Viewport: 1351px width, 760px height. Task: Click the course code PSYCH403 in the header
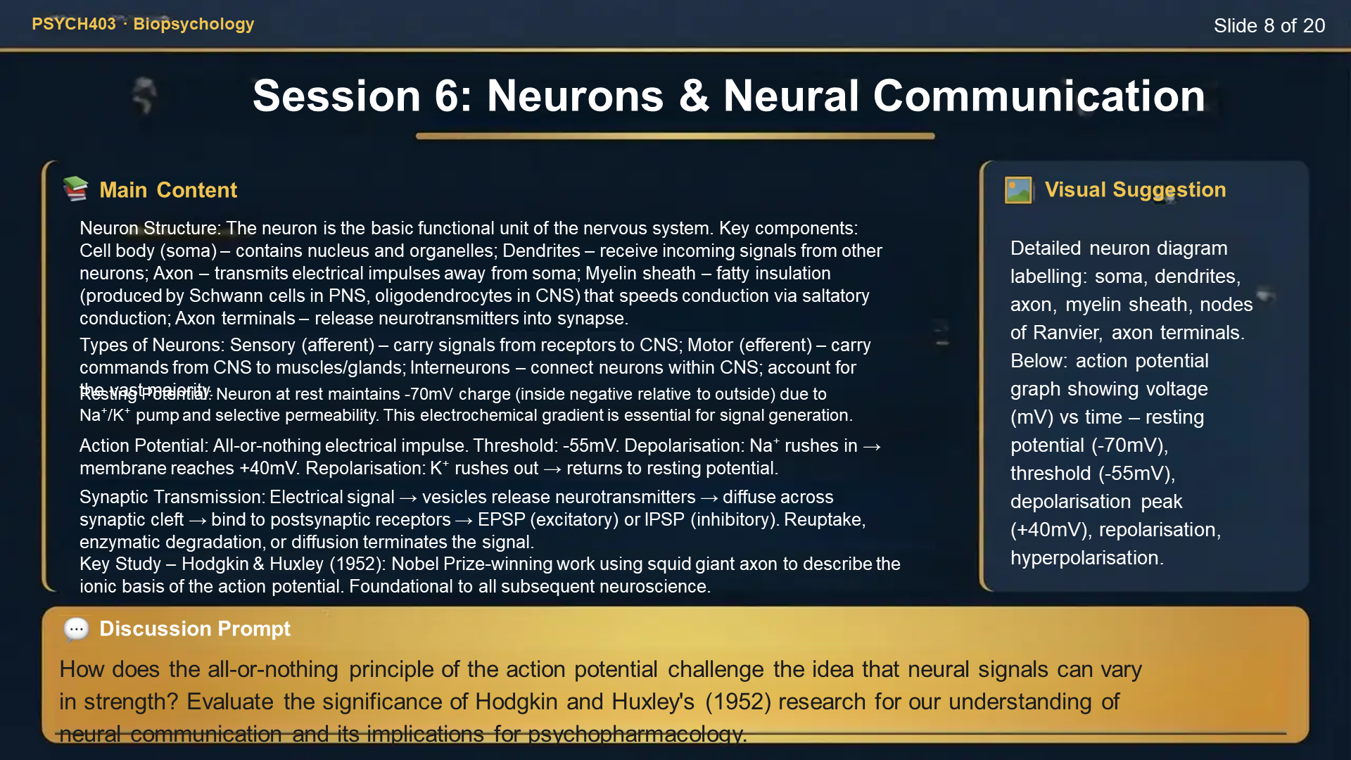(x=74, y=24)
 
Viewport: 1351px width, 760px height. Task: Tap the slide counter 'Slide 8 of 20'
(x=1269, y=26)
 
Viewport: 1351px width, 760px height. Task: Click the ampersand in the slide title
(x=694, y=96)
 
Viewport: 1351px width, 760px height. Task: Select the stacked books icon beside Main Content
(x=76, y=189)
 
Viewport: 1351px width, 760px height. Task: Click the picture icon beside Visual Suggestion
(x=1018, y=190)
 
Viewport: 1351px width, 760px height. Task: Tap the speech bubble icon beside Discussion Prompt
(x=76, y=628)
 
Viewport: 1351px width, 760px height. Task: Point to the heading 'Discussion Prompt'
(x=194, y=628)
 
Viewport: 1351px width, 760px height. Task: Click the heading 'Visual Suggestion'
(x=1135, y=189)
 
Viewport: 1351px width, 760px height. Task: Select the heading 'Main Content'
(x=168, y=190)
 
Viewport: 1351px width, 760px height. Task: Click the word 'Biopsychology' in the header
(x=194, y=24)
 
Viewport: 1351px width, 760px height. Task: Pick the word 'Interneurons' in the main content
(x=459, y=367)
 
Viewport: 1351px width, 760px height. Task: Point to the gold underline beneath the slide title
(x=675, y=136)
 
